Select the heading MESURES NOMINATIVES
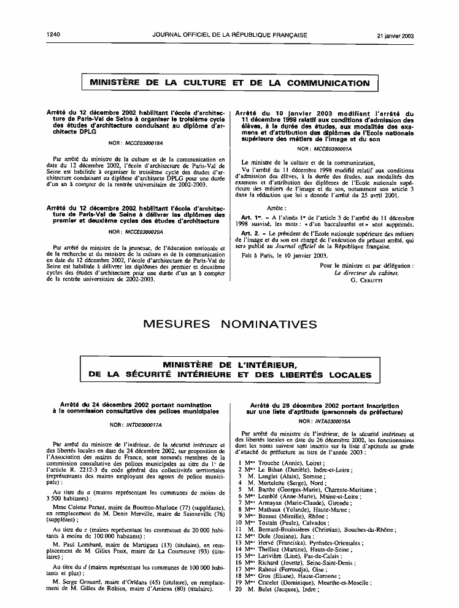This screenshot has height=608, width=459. [x=229, y=324]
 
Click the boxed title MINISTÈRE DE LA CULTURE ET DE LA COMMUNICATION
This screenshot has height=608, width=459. [x=229, y=83]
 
